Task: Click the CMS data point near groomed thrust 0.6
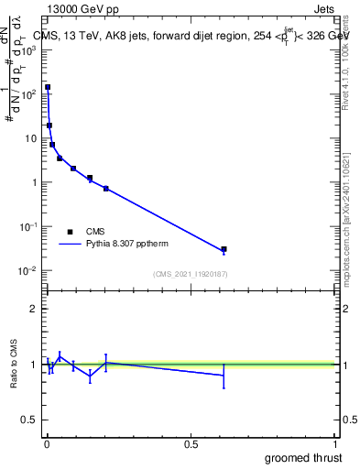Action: (x=224, y=249)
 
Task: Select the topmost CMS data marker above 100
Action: (x=48, y=87)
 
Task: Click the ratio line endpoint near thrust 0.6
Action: (x=224, y=376)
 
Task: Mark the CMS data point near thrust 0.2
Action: (x=106, y=188)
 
